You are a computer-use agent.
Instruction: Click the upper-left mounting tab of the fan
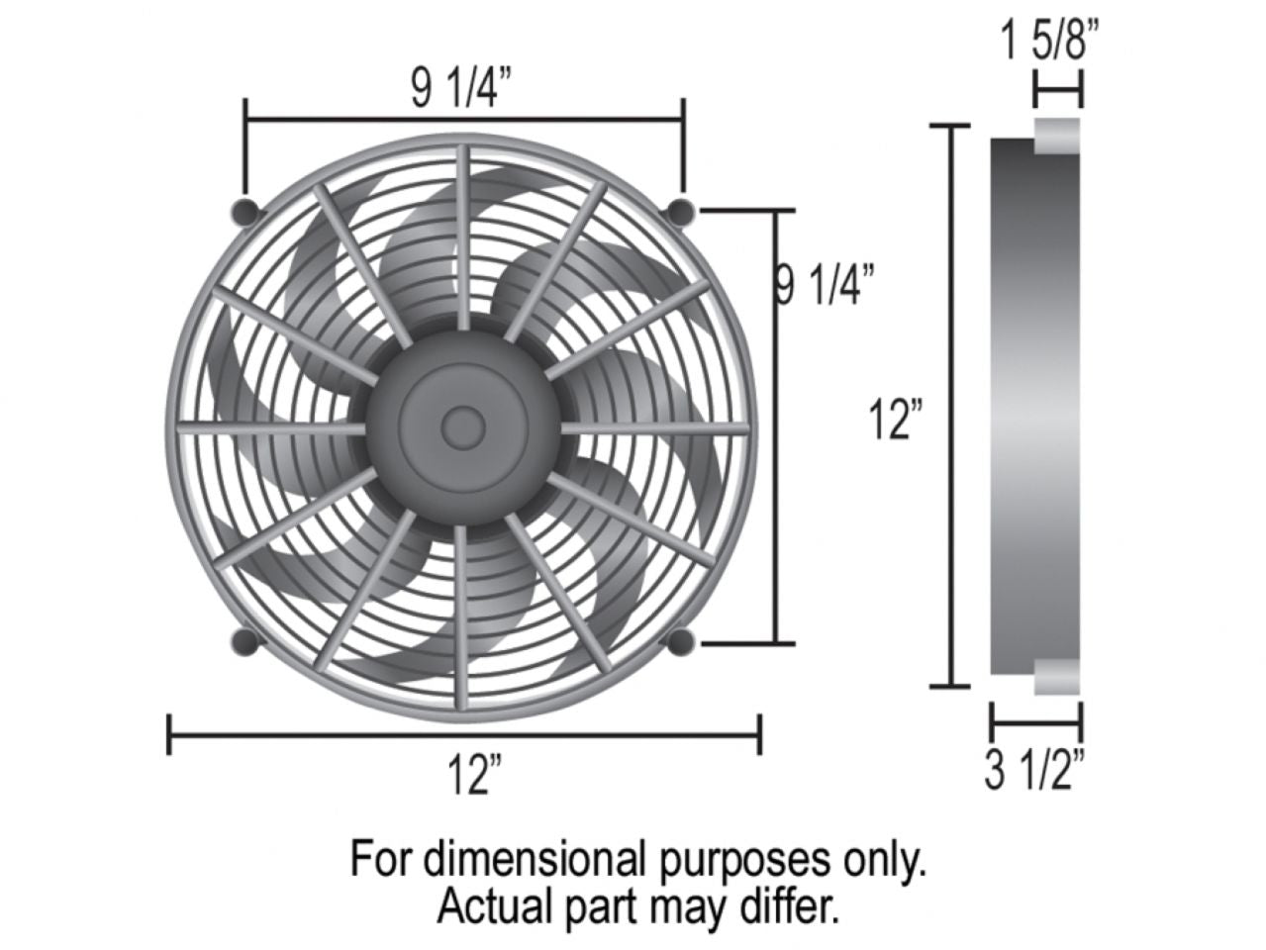tap(246, 211)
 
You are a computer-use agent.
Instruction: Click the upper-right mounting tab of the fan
tap(682, 211)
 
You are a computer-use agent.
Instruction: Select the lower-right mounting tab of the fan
tap(681, 642)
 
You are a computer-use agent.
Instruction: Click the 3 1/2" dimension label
tap(1035, 771)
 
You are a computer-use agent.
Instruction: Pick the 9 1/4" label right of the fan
tap(824, 285)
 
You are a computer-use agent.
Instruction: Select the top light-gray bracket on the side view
tap(1056, 136)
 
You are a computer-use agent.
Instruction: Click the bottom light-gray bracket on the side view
tap(1056, 677)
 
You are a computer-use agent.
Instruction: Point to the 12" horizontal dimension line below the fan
tap(465, 734)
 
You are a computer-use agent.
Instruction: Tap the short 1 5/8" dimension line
tap(1057, 94)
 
